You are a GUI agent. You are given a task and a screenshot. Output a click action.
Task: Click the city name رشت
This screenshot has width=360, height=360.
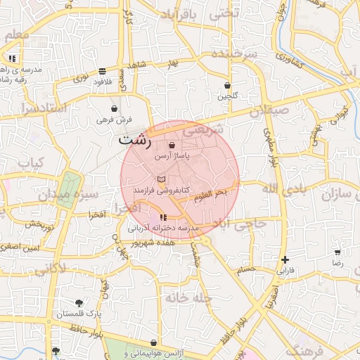135,139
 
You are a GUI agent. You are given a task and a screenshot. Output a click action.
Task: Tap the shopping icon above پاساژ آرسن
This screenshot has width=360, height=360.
173,145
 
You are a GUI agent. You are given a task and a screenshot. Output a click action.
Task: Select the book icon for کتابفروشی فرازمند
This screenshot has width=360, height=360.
162,179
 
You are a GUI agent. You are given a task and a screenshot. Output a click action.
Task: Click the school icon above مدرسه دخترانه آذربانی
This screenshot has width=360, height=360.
164,217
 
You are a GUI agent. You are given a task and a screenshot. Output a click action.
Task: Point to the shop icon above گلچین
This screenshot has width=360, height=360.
227,84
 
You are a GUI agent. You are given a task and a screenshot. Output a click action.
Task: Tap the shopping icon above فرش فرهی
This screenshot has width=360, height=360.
114,109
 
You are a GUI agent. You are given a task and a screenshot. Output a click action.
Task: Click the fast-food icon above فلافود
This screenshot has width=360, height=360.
103,71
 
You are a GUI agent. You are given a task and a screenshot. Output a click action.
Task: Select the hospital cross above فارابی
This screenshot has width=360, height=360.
284,259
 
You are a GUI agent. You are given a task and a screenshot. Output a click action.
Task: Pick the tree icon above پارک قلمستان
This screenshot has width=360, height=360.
78,303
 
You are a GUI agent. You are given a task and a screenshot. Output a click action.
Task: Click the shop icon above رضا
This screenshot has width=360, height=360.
337,252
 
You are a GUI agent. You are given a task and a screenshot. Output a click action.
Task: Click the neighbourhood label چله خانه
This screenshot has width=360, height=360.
188,298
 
